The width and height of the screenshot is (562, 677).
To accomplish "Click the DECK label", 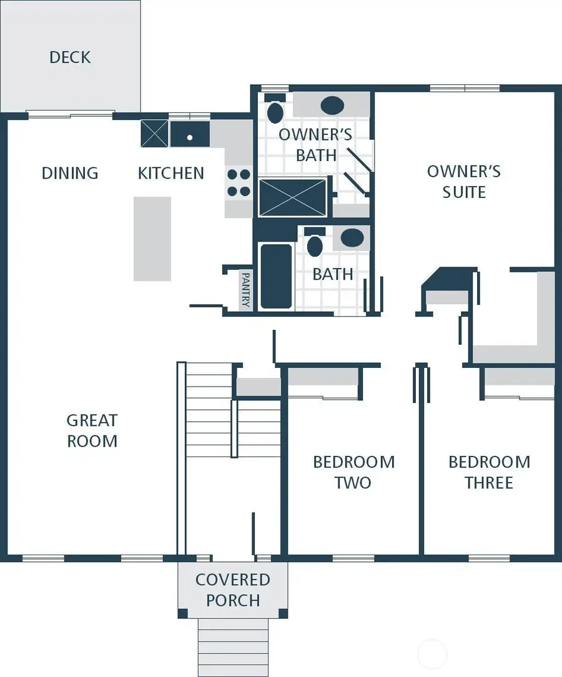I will point(70,57).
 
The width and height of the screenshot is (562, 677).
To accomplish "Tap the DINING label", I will point(70,173).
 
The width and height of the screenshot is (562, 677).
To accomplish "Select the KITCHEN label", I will point(170,173).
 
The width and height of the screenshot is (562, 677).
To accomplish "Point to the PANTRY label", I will point(245,290).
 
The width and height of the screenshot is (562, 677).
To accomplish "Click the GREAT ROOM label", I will point(92,430).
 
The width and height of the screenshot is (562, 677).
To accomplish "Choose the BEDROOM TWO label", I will point(353,472).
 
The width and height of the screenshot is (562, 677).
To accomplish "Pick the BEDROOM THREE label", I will point(489,472).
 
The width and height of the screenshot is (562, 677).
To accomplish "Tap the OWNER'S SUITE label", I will point(463,181).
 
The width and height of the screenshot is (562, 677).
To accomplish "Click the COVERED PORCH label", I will point(233,590).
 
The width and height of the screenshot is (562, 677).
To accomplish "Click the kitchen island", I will point(152,239).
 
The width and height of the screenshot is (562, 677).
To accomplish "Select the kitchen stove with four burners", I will point(239,183).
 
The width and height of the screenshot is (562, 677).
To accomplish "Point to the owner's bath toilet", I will point(275,111).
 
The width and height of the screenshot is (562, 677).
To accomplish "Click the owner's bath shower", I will point(293,198).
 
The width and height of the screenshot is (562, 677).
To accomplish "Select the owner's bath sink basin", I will point(332,104).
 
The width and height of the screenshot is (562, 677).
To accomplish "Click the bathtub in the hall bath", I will point(275,276).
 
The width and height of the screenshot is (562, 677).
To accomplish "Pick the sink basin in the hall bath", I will point(352,237).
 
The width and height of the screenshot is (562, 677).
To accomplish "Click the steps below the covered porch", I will point(233,646).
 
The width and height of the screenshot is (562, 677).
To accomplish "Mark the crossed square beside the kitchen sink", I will point(154,134).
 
